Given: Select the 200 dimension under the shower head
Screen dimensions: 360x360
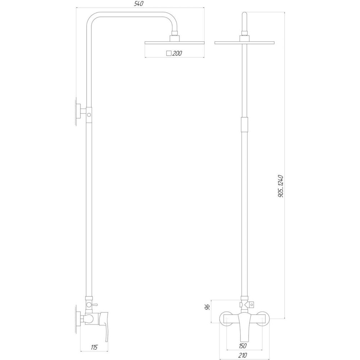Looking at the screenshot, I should point(177,53).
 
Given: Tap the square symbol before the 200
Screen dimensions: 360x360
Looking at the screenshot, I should point(169,53).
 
